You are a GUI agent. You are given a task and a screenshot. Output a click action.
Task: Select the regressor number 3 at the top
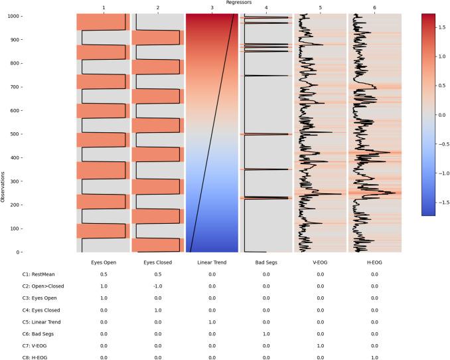tap(211, 8)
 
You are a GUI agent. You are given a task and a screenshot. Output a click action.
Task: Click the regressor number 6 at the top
tap(374, 8)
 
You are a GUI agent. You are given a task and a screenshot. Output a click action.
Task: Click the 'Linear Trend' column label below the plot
tap(211, 263)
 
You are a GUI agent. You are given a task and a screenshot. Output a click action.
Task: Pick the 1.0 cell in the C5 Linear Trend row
tap(211, 321)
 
